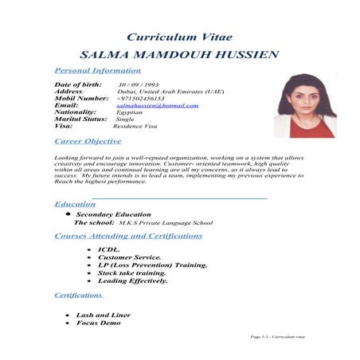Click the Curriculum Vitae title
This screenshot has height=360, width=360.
[179, 37]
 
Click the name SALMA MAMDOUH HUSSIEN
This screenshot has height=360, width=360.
[179, 55]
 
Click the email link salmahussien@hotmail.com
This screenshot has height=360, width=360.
[157, 105]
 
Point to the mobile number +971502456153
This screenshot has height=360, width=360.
[146, 98]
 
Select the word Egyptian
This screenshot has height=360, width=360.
[130, 112]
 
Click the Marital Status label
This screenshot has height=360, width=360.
[80, 119]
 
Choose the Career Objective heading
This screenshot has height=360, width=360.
[88, 141]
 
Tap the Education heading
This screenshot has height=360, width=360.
[75, 204]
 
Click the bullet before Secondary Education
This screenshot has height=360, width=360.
[68, 214]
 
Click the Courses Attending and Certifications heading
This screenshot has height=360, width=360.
[128, 236]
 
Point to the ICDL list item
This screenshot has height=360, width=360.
[108, 250]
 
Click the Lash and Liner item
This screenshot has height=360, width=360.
[103, 315]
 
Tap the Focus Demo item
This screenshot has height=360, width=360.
[99, 323]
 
